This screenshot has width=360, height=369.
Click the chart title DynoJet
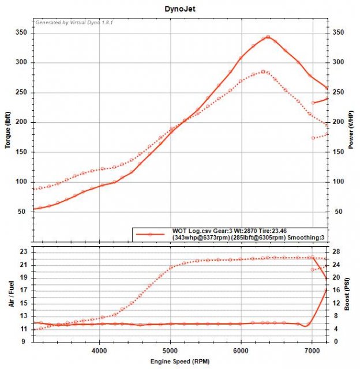[x=179, y=9]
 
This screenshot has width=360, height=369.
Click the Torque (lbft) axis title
[x=9, y=129]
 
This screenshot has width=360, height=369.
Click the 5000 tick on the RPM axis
[x=171, y=349]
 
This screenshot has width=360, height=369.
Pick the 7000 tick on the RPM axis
[x=312, y=349]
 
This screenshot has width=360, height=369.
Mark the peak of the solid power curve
[x=267, y=37]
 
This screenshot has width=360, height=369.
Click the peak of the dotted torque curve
[x=263, y=71]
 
